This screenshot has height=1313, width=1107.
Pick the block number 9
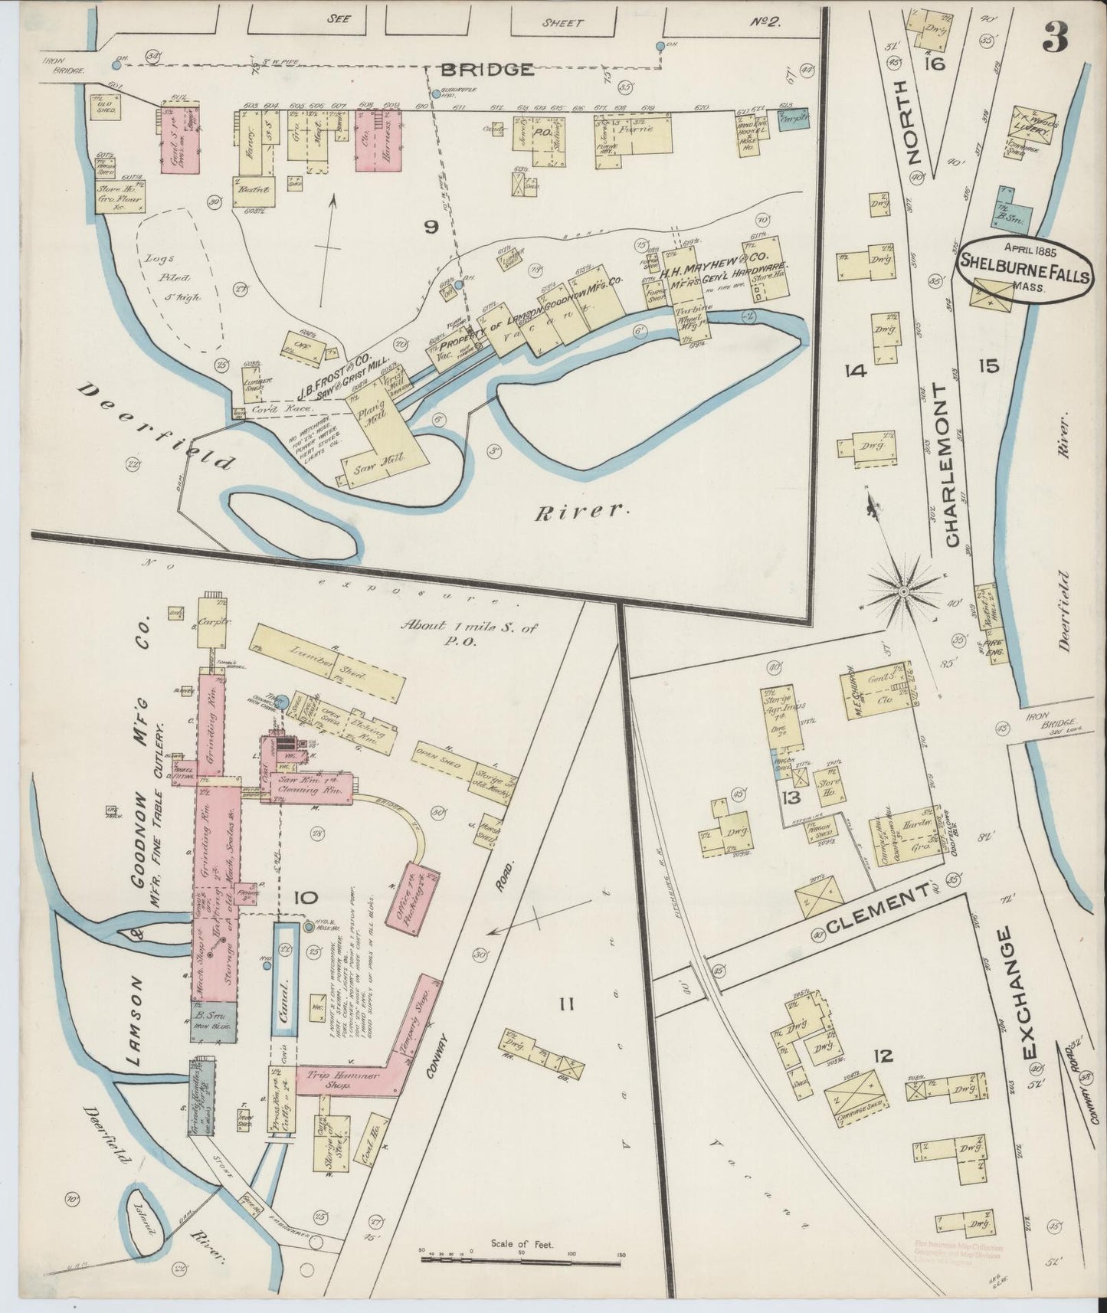[x=431, y=227]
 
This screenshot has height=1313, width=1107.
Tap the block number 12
[x=883, y=1056]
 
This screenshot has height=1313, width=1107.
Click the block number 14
[x=854, y=372]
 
